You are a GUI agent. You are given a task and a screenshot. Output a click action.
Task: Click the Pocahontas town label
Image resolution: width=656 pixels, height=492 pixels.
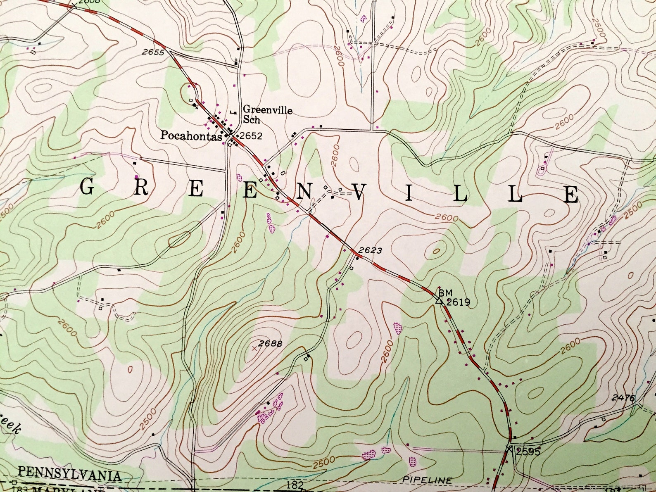coord(191,135)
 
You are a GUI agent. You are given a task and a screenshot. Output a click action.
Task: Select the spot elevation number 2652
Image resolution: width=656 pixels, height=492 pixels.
coord(251,136)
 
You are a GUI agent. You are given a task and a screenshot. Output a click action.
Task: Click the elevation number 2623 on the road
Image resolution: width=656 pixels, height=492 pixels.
coord(370,250)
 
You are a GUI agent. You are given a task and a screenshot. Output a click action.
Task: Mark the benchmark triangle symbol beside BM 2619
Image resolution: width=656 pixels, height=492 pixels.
coord(439,301)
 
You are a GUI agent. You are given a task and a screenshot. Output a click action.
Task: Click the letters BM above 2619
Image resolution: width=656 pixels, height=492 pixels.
coord(445,293)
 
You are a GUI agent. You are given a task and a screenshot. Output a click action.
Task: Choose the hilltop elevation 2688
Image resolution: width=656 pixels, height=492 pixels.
coord(270,343)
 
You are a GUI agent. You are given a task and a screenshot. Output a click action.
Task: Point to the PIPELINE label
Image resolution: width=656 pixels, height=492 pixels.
coord(427,480)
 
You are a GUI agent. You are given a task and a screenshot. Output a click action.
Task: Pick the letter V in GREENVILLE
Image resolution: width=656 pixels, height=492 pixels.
coord(358,192)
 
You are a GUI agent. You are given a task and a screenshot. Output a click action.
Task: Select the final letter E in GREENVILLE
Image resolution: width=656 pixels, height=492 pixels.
coord(571,195)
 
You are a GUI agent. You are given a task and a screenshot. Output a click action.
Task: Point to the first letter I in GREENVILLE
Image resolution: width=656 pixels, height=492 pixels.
coord(409,193)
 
